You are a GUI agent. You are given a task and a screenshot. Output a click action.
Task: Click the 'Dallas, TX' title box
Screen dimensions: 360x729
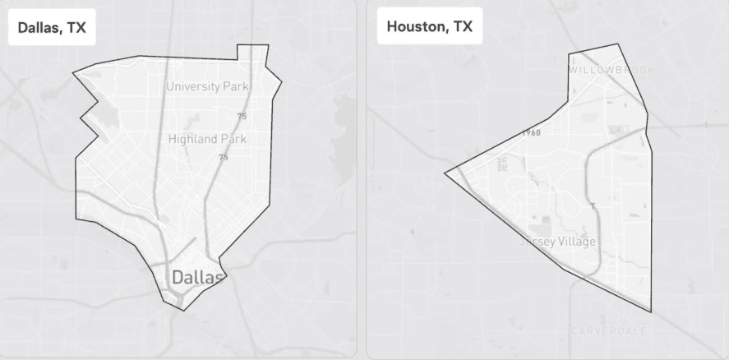pos(53,28)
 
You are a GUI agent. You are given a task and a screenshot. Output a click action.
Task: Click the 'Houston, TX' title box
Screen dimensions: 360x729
pos(429,27)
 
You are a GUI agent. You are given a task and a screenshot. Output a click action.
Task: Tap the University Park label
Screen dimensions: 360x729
pos(208,86)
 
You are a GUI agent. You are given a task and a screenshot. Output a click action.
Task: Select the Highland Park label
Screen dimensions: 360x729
pos(207,139)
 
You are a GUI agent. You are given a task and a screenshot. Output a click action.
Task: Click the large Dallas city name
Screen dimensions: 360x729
pos(197,278)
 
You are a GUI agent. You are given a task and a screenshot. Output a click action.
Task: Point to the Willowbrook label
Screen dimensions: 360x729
pos(611,70)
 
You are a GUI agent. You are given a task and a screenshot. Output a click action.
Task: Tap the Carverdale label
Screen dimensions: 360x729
pos(608,331)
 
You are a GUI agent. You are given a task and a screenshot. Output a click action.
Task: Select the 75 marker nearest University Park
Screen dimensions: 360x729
pos(242,117)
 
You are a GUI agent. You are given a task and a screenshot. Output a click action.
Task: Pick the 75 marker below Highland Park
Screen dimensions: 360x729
pos(223,157)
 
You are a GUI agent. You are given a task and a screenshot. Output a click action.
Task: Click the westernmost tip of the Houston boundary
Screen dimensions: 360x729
pos(445,173)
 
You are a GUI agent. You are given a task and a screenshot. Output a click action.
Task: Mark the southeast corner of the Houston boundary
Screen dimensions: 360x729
pos(651,312)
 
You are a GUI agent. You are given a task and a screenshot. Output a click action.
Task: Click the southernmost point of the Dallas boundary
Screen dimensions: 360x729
pos(182,310)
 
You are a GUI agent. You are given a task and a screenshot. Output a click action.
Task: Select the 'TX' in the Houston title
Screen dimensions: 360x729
pos(463,27)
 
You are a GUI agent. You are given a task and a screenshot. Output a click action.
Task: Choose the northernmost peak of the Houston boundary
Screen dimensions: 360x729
pos(616,44)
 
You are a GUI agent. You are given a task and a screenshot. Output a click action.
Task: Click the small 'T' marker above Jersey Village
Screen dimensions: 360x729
pos(593,205)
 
